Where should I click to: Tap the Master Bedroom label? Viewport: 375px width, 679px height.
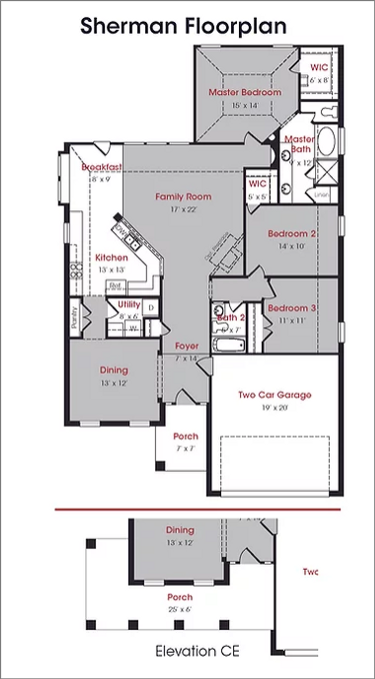pos(245,92)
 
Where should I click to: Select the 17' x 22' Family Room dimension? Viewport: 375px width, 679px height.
pos(183,209)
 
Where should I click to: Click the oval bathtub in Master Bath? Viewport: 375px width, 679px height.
pos(326,142)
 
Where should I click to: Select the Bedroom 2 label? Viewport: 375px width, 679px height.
pos(292,234)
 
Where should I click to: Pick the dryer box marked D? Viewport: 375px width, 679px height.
pos(151,308)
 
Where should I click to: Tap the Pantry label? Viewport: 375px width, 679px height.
pos(74,318)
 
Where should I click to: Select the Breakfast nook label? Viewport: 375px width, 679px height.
pos(101,167)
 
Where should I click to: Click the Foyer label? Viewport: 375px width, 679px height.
pos(187,346)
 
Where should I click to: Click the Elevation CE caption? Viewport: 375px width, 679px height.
pos(197,651)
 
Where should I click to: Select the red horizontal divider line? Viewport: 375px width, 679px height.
pos(198,509)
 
